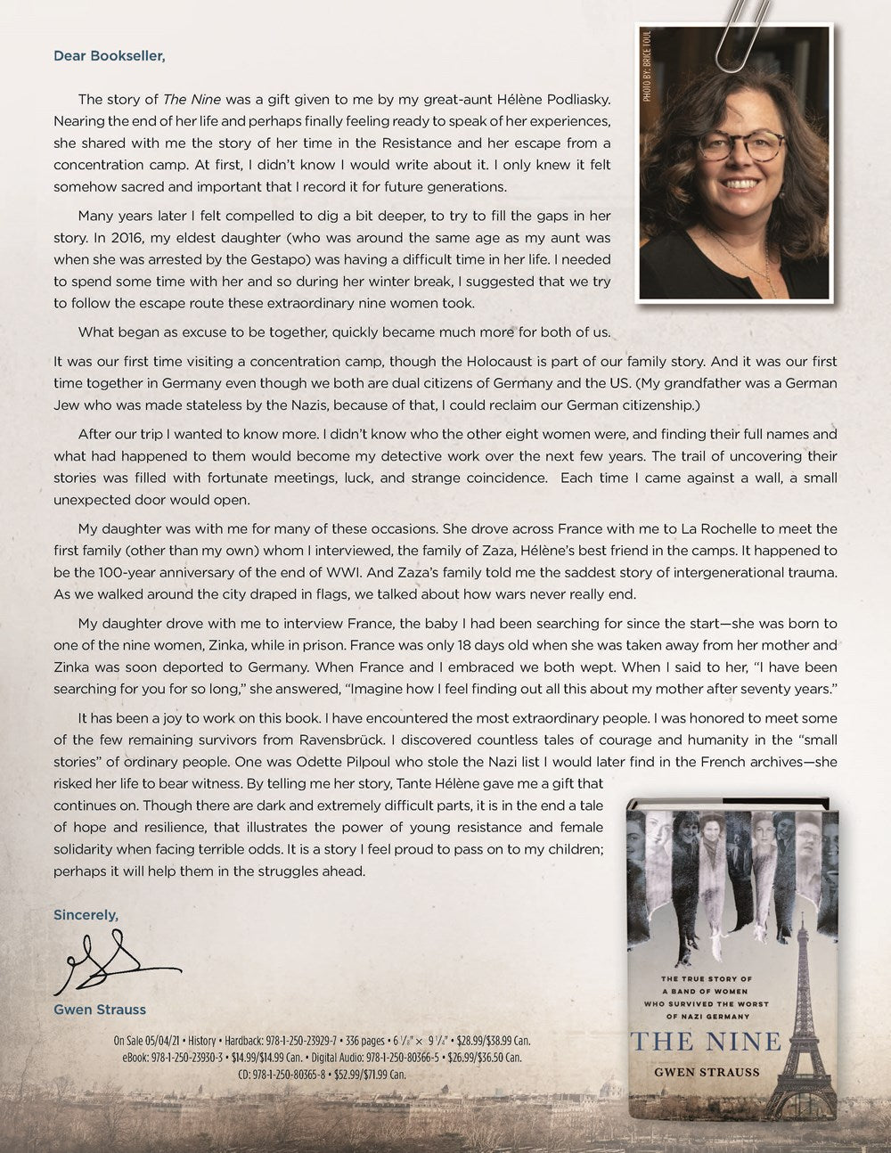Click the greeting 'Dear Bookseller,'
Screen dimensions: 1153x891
pyautogui.click(x=110, y=56)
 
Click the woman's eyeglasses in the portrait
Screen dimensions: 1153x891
pyautogui.click(x=739, y=145)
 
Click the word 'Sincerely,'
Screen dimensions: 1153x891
pyautogui.click(x=86, y=915)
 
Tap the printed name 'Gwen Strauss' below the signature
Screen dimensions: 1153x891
pyautogui.click(x=100, y=1010)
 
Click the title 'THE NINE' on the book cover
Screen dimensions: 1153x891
pyautogui.click(x=706, y=1041)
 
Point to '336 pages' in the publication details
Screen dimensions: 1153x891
pyautogui.click(x=362, y=1041)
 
